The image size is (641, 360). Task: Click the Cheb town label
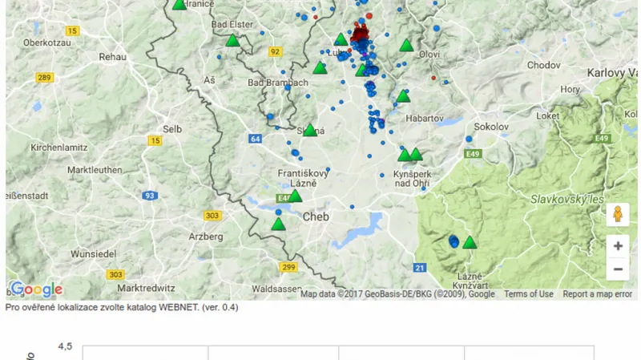[x=316, y=216]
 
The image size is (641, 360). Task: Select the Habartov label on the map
[x=425, y=118]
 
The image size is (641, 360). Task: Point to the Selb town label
[x=172, y=128]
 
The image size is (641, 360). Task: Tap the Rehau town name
[x=113, y=57]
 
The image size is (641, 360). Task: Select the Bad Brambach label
[x=277, y=83]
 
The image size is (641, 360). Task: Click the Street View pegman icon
[x=617, y=214]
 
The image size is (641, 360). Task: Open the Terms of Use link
[x=529, y=294]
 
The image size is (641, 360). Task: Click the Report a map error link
[x=598, y=294]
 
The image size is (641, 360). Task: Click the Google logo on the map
[x=36, y=289]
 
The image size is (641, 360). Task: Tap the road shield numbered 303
[x=212, y=216]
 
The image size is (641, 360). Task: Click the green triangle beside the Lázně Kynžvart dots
[x=470, y=242]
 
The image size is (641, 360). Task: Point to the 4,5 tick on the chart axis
[x=65, y=346]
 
